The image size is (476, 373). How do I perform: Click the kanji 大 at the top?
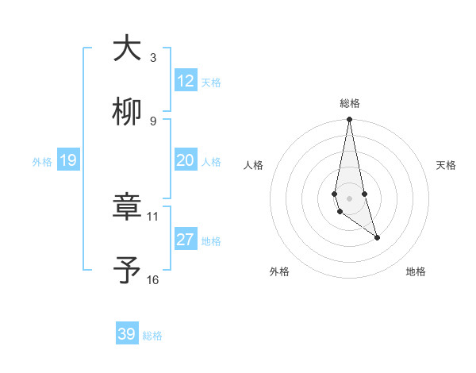[x=127, y=48]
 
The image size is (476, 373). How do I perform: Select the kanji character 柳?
[x=127, y=113]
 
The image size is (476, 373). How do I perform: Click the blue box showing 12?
[x=186, y=81]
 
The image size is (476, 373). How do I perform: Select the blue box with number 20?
[x=186, y=160]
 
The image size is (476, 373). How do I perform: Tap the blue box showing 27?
[x=186, y=240]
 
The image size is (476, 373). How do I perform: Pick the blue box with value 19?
[x=68, y=161]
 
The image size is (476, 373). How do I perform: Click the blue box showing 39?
[x=127, y=334]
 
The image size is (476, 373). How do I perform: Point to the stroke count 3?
[x=153, y=58]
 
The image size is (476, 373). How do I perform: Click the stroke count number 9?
[x=153, y=121]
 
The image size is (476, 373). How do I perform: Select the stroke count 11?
[x=153, y=216]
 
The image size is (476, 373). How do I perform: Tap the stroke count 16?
[x=153, y=279]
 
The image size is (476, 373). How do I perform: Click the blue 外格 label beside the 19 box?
[x=42, y=162]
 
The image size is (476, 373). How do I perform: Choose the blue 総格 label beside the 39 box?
[x=152, y=336]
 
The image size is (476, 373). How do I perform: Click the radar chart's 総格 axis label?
[x=349, y=103]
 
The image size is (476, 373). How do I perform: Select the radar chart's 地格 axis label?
[x=416, y=271]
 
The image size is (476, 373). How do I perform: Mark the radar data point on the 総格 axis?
[x=349, y=120]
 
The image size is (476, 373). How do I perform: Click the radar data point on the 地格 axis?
[x=377, y=237]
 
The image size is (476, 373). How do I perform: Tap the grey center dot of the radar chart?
[x=349, y=198]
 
